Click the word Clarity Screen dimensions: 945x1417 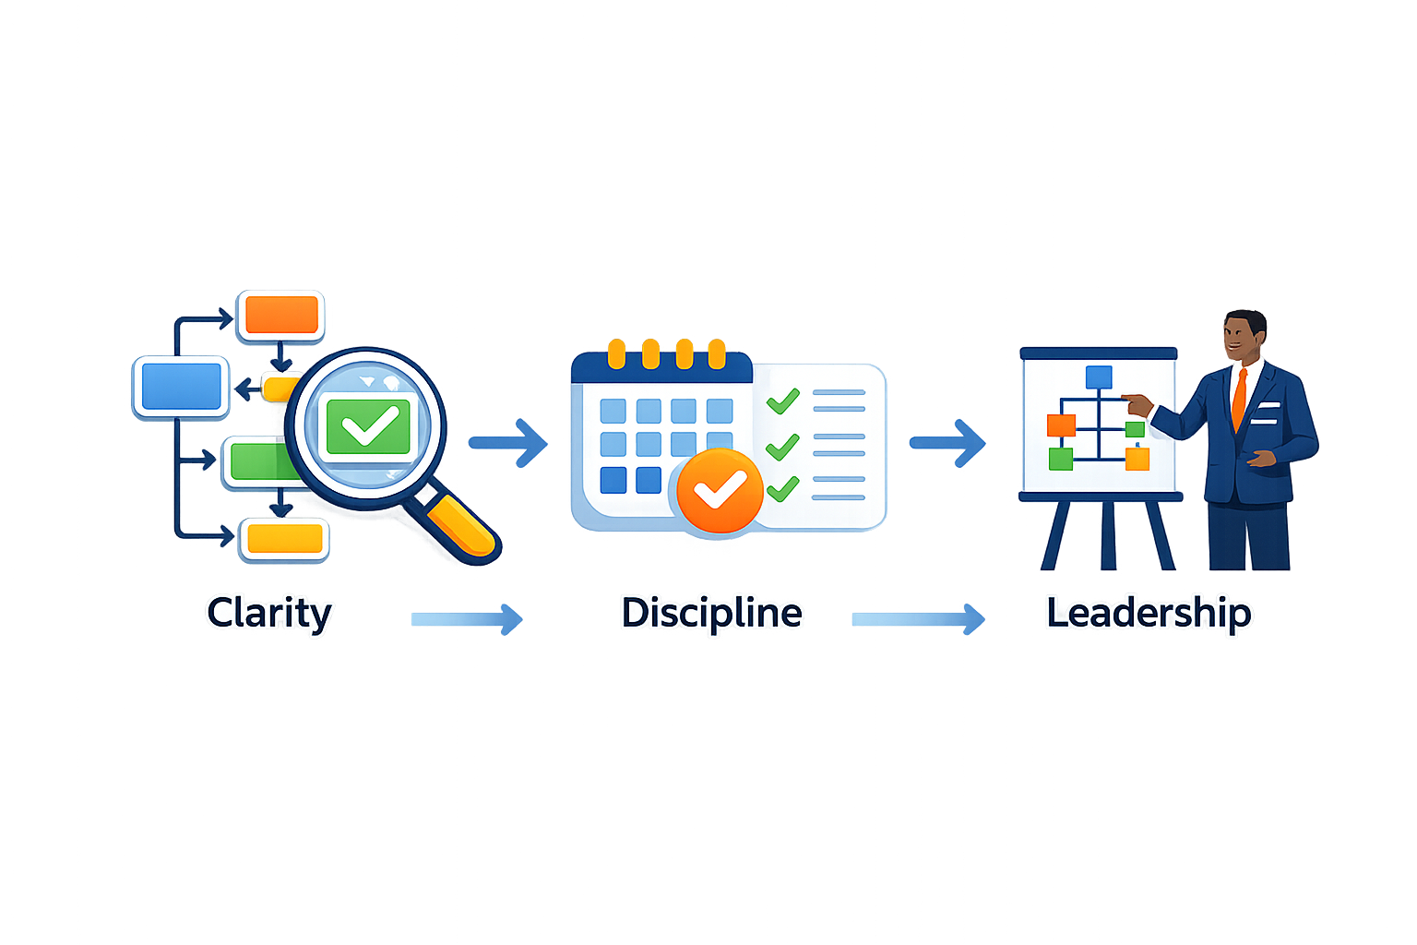[x=268, y=613]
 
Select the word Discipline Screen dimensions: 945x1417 [x=711, y=613]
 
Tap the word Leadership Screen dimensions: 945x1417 [x=1149, y=613]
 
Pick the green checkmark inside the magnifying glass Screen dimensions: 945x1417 [x=368, y=425]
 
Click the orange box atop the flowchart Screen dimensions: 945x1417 [x=281, y=315]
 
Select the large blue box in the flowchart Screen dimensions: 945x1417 [x=180, y=386]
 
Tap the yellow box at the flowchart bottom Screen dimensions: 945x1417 [x=285, y=539]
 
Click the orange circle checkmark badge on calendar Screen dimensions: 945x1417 [x=720, y=491]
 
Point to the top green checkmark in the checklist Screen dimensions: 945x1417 [x=782, y=401]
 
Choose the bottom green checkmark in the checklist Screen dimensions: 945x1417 [x=782, y=488]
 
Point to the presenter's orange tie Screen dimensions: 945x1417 [x=1240, y=399]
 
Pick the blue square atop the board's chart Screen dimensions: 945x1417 [x=1099, y=377]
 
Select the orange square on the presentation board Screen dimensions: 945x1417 [x=1061, y=425]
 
